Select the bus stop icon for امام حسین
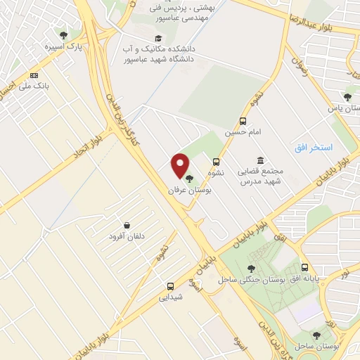(243, 120)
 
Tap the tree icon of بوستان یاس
(347, 97)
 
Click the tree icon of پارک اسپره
(64, 34)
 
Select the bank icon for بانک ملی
(34, 75)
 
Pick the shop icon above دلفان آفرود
(126, 225)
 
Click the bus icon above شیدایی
(170, 286)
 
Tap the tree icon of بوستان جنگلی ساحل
(251, 268)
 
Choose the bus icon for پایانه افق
(304, 267)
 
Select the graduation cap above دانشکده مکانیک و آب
(158, 38)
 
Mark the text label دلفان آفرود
(126, 237)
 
